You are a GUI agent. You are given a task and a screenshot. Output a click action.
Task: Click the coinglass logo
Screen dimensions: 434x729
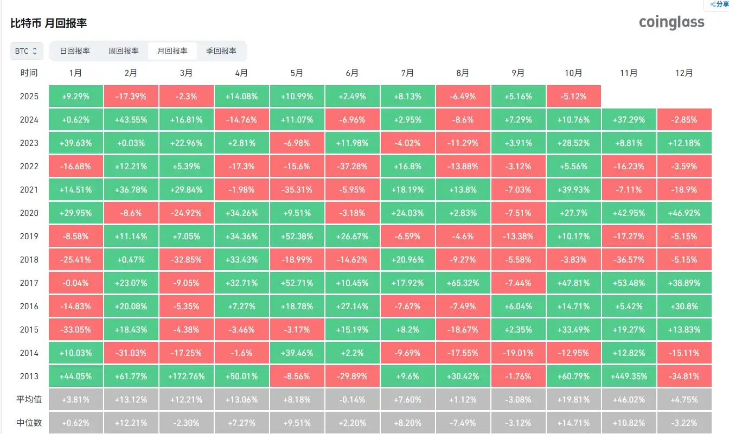(x=672, y=22)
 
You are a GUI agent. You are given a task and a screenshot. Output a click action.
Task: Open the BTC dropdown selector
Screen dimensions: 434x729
(x=26, y=51)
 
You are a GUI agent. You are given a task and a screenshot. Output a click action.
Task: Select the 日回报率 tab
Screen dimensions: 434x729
(x=75, y=51)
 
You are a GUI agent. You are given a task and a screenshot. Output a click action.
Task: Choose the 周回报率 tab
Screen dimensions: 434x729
(x=124, y=51)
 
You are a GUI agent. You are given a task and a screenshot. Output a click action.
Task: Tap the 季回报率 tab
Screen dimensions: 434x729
(x=221, y=51)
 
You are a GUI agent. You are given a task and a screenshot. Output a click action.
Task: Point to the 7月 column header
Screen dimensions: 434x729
(x=407, y=73)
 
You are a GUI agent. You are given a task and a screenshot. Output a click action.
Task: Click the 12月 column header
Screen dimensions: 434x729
(x=684, y=73)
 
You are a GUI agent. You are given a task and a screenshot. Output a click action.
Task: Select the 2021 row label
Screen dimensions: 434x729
(x=29, y=189)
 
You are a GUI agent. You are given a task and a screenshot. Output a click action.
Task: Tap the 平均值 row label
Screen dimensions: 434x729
(x=29, y=400)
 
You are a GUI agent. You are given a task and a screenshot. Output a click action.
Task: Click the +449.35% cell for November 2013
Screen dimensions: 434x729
(x=629, y=376)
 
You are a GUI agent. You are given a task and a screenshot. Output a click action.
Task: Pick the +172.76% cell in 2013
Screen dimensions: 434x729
(x=187, y=376)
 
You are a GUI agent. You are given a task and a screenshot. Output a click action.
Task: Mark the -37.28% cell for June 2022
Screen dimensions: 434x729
(x=352, y=166)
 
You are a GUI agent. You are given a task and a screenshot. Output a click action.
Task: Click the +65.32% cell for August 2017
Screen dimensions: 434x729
(x=463, y=283)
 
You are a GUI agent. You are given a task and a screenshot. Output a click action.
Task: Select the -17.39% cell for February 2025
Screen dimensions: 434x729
(x=131, y=96)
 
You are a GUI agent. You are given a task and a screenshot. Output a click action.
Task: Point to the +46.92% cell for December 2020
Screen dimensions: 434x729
(x=684, y=213)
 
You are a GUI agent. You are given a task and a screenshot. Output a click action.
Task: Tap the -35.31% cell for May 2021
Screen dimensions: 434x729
(x=297, y=189)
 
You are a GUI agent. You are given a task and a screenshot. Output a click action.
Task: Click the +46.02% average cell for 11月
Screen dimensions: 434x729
(x=629, y=400)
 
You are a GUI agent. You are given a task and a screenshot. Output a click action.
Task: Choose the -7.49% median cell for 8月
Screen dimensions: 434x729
(x=463, y=423)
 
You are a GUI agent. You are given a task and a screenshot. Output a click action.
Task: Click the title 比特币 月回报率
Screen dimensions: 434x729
(x=49, y=23)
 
